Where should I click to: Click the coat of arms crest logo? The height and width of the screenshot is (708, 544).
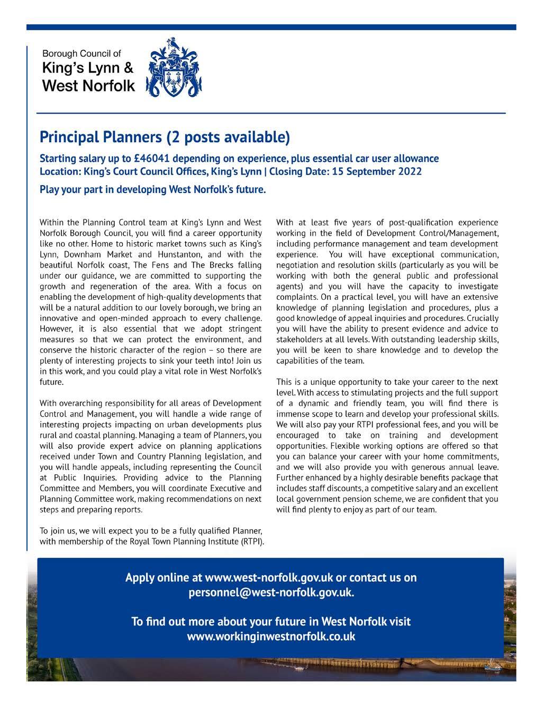coord(174,67)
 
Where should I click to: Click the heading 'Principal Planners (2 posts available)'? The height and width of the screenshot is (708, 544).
coord(165,137)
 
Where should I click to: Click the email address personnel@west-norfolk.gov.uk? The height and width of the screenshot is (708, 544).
coord(271,592)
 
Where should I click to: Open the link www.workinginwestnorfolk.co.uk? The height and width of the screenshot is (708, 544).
coord(271,636)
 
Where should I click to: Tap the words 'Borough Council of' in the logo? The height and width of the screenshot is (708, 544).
coord(81,53)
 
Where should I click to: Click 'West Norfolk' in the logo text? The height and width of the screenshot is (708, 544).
coord(88,85)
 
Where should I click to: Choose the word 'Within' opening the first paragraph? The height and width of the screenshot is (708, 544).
coord(52,223)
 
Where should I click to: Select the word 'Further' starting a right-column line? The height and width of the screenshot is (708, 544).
coord(291,477)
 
